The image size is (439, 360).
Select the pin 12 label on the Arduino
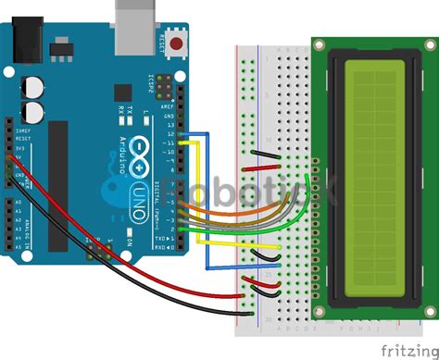[x=169, y=133]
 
